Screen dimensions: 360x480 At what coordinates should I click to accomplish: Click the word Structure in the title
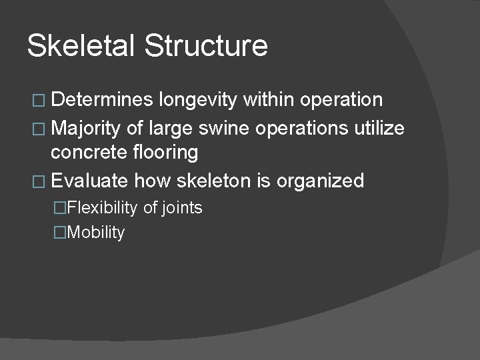point(206,45)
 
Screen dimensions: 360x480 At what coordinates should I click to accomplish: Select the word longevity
point(199,101)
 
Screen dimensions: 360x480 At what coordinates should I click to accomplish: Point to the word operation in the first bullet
point(341,101)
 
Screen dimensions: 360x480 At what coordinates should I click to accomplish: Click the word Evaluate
point(89,181)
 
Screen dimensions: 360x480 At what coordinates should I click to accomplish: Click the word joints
point(182,209)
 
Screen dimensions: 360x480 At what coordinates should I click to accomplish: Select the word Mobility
point(96,233)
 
